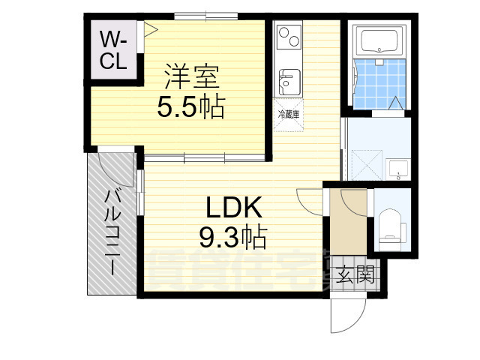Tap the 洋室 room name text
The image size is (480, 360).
tap(191, 77)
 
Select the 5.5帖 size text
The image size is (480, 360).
tap(190, 108)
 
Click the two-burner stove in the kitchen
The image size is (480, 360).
tap(288, 34)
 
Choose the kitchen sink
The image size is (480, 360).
tap(288, 79)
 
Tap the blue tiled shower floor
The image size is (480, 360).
tap(379, 86)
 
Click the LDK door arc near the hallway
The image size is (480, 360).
tap(309, 201)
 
